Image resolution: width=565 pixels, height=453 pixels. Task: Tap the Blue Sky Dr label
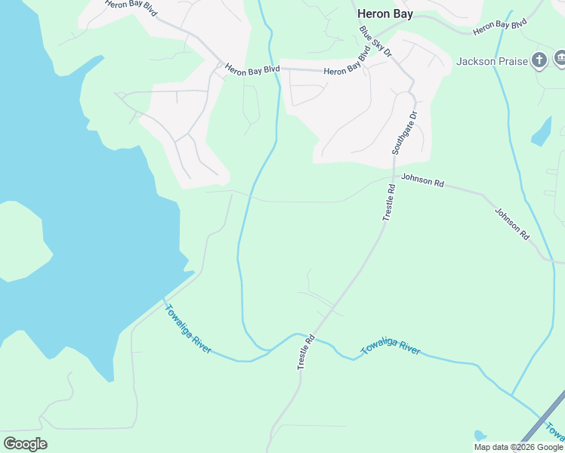pyautogui.click(x=376, y=43)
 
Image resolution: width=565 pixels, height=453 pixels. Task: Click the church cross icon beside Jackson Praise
pyautogui.click(x=539, y=60)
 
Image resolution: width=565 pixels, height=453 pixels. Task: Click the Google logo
pyautogui.click(x=25, y=444)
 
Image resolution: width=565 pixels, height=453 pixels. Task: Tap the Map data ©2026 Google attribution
pyautogui.click(x=519, y=447)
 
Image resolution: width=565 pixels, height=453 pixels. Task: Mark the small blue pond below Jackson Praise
pyautogui.click(x=542, y=132)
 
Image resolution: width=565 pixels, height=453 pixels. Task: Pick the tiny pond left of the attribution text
pyautogui.click(x=479, y=436)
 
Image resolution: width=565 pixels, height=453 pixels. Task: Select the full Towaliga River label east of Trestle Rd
pyautogui.click(x=390, y=348)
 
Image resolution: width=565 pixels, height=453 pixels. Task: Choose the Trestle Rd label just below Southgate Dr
pyautogui.click(x=388, y=202)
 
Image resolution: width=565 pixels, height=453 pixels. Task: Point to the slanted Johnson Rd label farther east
pyautogui.click(x=512, y=223)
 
